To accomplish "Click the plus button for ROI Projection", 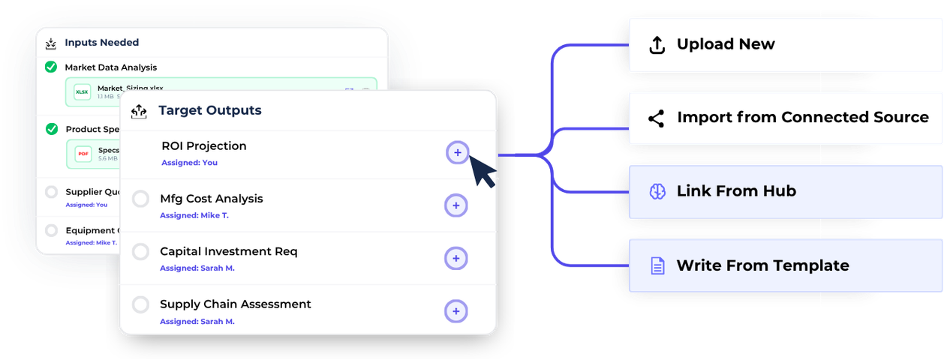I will tap(457, 153).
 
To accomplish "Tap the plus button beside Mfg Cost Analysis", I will tap(456, 205).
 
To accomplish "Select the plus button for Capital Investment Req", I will tap(456, 259).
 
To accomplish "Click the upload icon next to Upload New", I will tap(657, 45).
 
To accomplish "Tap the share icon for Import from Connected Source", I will tap(657, 118).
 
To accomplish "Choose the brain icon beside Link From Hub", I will tap(657, 192).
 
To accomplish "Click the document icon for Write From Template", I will tap(657, 265).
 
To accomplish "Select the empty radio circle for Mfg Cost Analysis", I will tap(140, 199).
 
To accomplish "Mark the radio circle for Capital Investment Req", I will tap(140, 252).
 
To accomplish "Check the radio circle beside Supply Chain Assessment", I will tap(140, 305).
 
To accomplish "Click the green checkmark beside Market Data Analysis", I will tap(51, 67).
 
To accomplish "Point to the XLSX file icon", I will tap(82, 92).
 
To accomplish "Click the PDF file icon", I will tap(83, 154).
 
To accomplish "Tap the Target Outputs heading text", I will tap(210, 111).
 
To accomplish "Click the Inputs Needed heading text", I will tap(101, 43).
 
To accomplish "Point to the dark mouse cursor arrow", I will tap(482, 171).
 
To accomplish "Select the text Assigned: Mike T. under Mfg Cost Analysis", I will tap(194, 215).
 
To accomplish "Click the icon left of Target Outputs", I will tap(139, 112).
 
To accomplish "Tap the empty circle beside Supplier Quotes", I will tap(51, 192).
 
